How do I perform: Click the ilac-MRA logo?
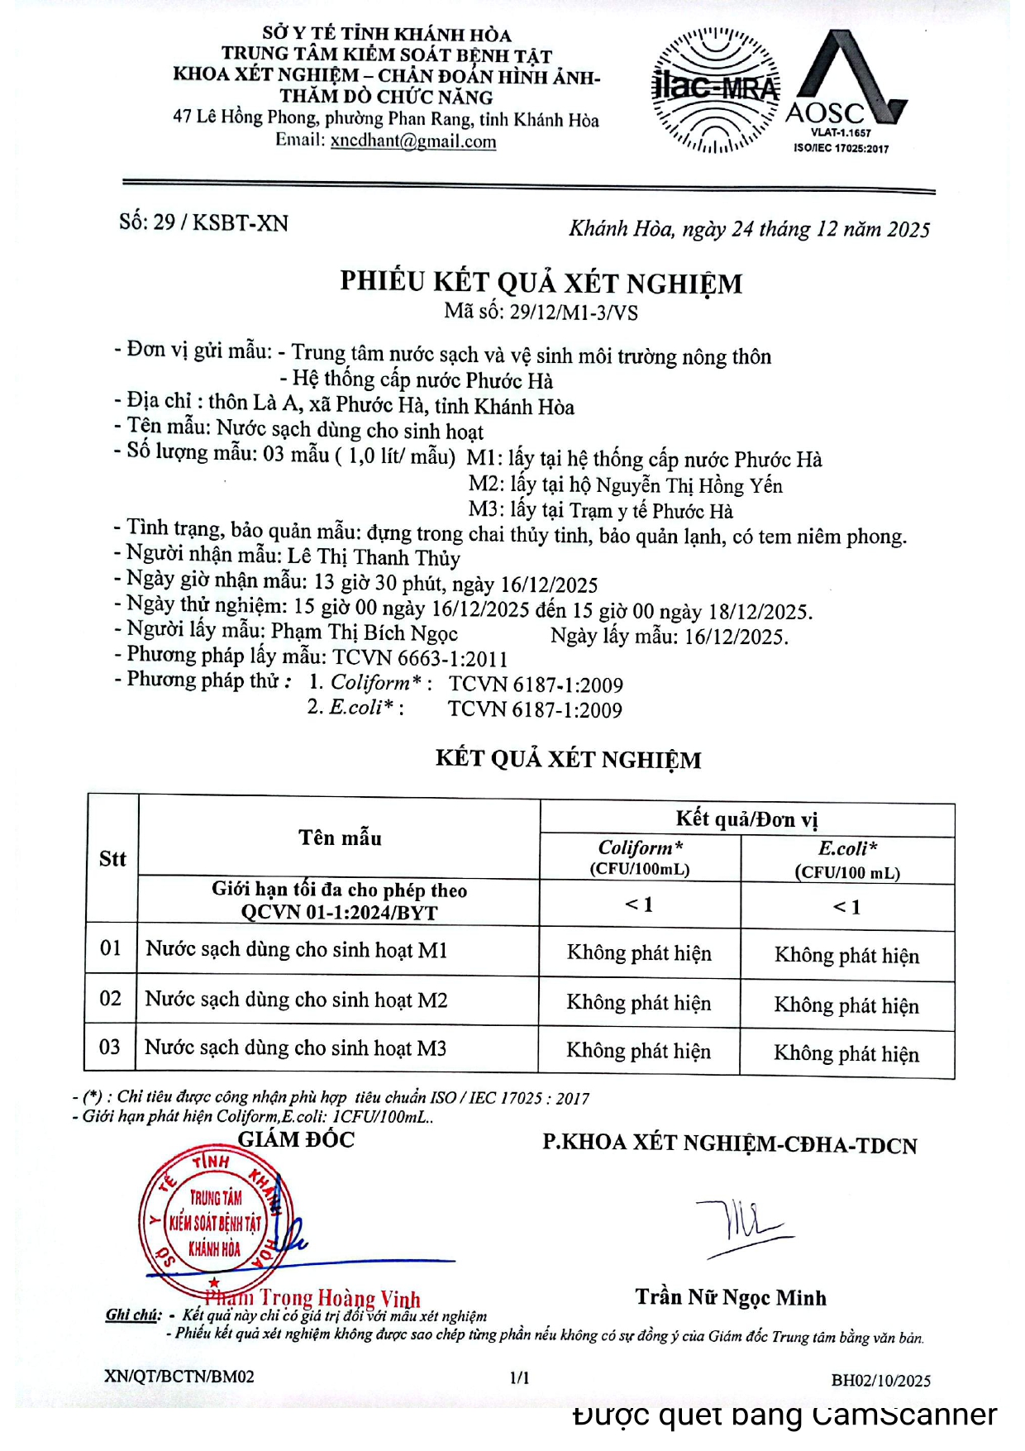tap(716, 90)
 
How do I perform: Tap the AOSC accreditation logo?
tap(843, 91)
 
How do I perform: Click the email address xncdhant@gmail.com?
tap(413, 141)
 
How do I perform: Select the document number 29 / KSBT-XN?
tap(203, 222)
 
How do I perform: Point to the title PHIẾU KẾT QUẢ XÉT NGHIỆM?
tap(541, 283)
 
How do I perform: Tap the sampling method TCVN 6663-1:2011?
tap(420, 658)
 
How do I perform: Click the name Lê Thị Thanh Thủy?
tap(374, 557)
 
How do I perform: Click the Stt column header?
tap(112, 858)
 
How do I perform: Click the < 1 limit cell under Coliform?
tap(639, 904)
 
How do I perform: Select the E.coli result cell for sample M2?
tap(846, 1005)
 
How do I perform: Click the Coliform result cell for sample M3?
tap(638, 1051)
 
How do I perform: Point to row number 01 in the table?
tap(111, 948)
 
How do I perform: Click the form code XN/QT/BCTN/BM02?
tap(179, 1377)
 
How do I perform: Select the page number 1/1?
tap(520, 1377)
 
